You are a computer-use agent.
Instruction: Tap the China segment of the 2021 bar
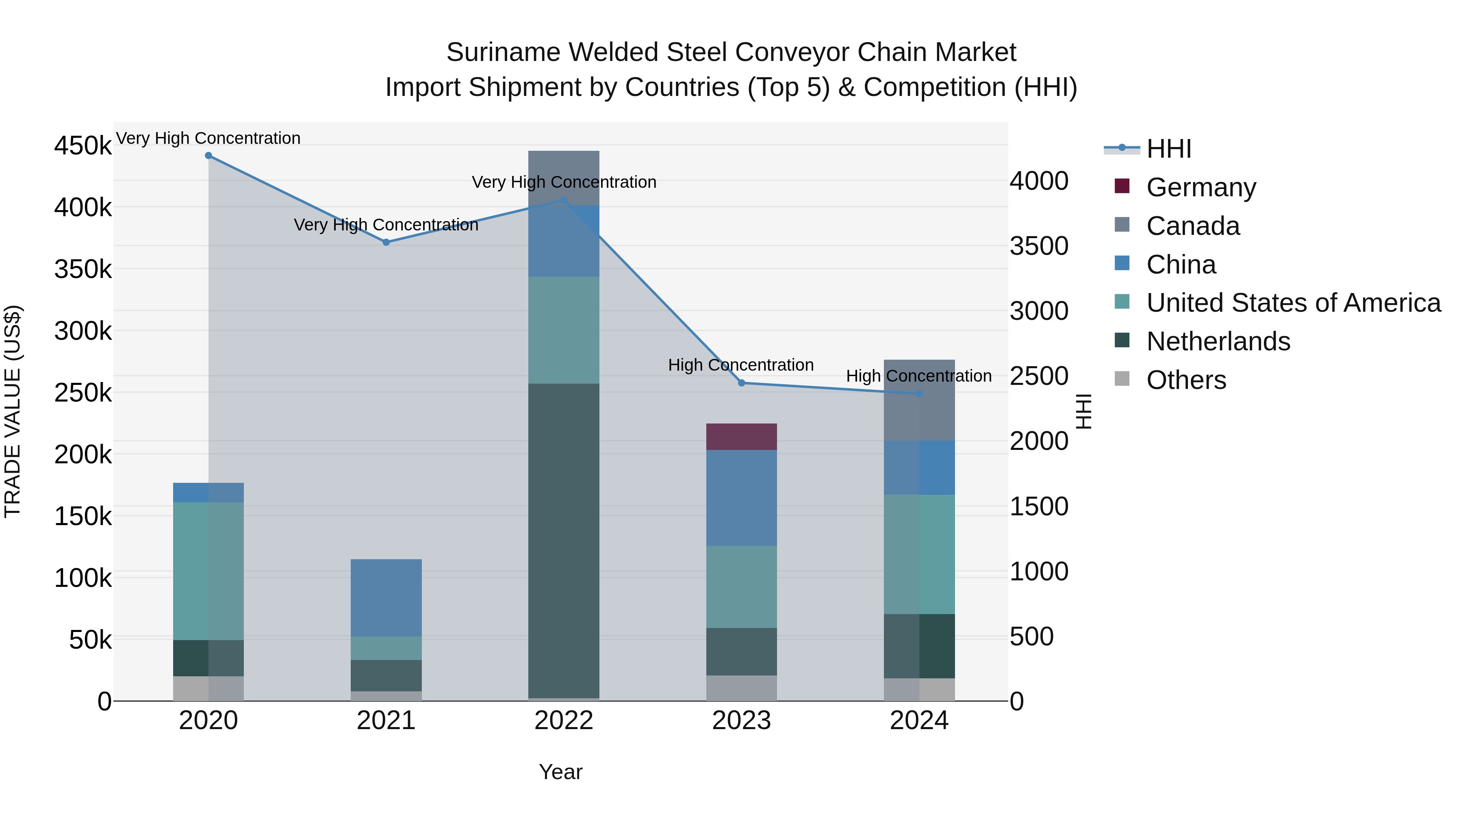[386, 597]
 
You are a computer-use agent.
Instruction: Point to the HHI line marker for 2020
[208, 156]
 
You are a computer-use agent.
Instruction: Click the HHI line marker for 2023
[741, 383]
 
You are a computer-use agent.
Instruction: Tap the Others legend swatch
[1122, 379]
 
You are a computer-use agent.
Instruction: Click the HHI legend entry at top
[1168, 149]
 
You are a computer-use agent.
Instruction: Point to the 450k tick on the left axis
[83, 146]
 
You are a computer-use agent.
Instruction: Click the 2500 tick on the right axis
[1039, 376]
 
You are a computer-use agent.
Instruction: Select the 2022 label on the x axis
[563, 721]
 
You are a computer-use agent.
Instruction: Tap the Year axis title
[560, 772]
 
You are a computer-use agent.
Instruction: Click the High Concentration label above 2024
[918, 376]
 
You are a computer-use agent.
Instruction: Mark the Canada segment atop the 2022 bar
[563, 177]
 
